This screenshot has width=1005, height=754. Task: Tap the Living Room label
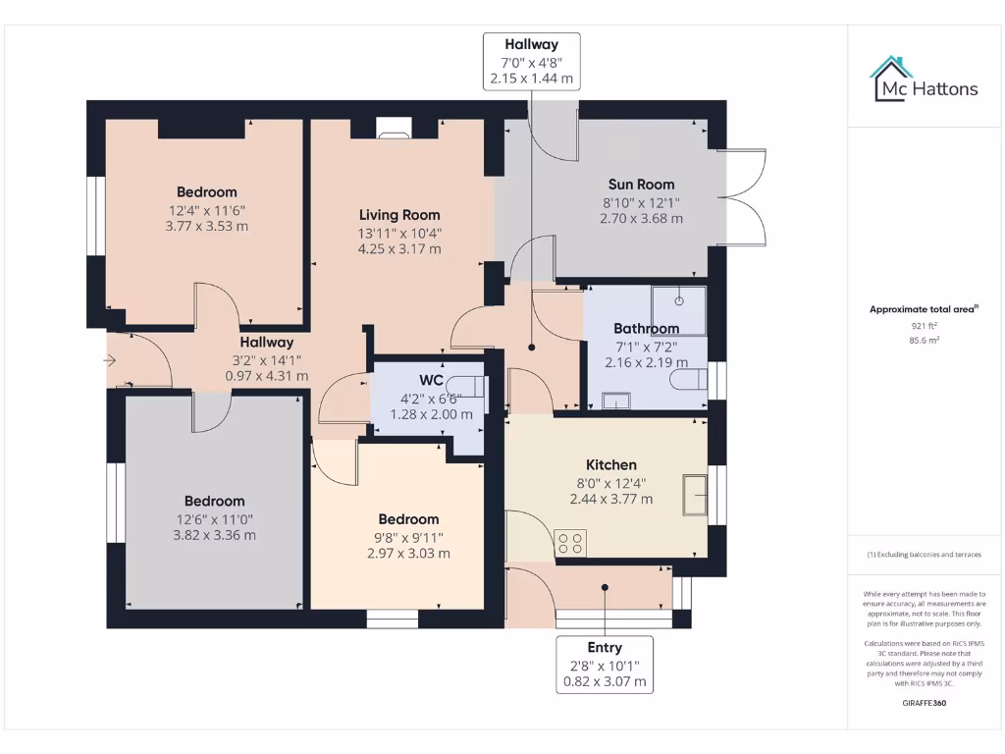click(x=399, y=215)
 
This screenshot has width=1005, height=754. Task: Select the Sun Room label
click(x=641, y=185)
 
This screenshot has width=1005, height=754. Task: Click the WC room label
click(x=432, y=380)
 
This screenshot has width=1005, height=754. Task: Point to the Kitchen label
click(x=611, y=464)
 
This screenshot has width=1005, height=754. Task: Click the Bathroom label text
click(x=646, y=328)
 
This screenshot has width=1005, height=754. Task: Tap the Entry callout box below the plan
click(x=605, y=665)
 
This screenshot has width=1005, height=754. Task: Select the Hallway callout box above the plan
click(x=531, y=61)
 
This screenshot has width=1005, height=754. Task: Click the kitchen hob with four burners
click(x=571, y=544)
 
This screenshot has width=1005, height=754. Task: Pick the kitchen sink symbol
click(x=696, y=494)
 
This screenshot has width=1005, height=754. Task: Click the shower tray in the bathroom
click(x=678, y=309)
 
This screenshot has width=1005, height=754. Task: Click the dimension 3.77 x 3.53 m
click(x=207, y=226)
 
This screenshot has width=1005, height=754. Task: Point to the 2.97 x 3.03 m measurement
click(x=408, y=553)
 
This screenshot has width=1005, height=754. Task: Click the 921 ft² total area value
click(x=924, y=325)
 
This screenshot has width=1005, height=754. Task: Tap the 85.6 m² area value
click(x=924, y=341)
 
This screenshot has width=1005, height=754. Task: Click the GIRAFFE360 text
click(x=924, y=703)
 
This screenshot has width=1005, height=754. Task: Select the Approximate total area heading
click(x=924, y=309)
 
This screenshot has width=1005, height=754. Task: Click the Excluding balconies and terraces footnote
click(x=924, y=555)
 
